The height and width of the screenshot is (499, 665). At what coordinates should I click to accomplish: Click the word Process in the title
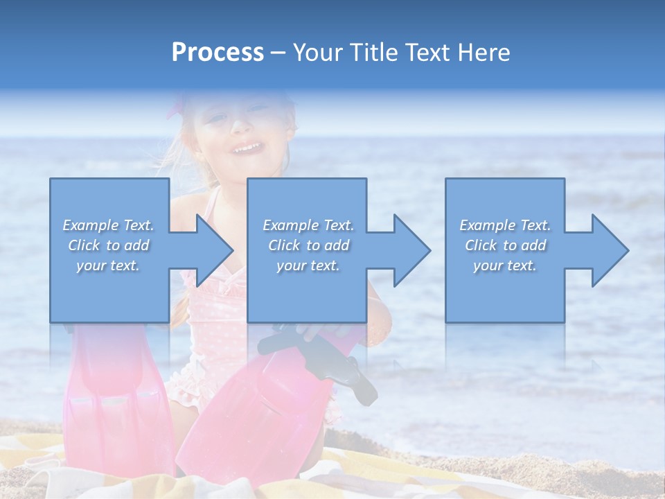click(x=218, y=53)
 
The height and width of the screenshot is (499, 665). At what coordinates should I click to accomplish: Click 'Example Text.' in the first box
click(x=108, y=225)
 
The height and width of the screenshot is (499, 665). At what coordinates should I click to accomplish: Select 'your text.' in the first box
click(x=108, y=265)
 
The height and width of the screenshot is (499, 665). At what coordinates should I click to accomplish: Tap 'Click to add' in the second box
click(x=308, y=245)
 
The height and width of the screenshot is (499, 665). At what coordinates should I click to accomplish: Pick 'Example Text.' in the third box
click(x=505, y=225)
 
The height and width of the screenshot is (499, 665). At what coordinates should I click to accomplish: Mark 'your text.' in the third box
click(x=505, y=265)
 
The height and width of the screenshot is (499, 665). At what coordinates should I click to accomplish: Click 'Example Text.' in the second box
click(x=308, y=225)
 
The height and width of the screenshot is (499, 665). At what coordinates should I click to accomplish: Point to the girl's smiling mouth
click(x=247, y=148)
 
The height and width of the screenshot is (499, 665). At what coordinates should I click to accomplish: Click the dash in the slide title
click(x=278, y=53)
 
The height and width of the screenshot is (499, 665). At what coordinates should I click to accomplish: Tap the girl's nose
click(x=240, y=126)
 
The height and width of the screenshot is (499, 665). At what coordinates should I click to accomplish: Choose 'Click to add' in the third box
click(x=505, y=245)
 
